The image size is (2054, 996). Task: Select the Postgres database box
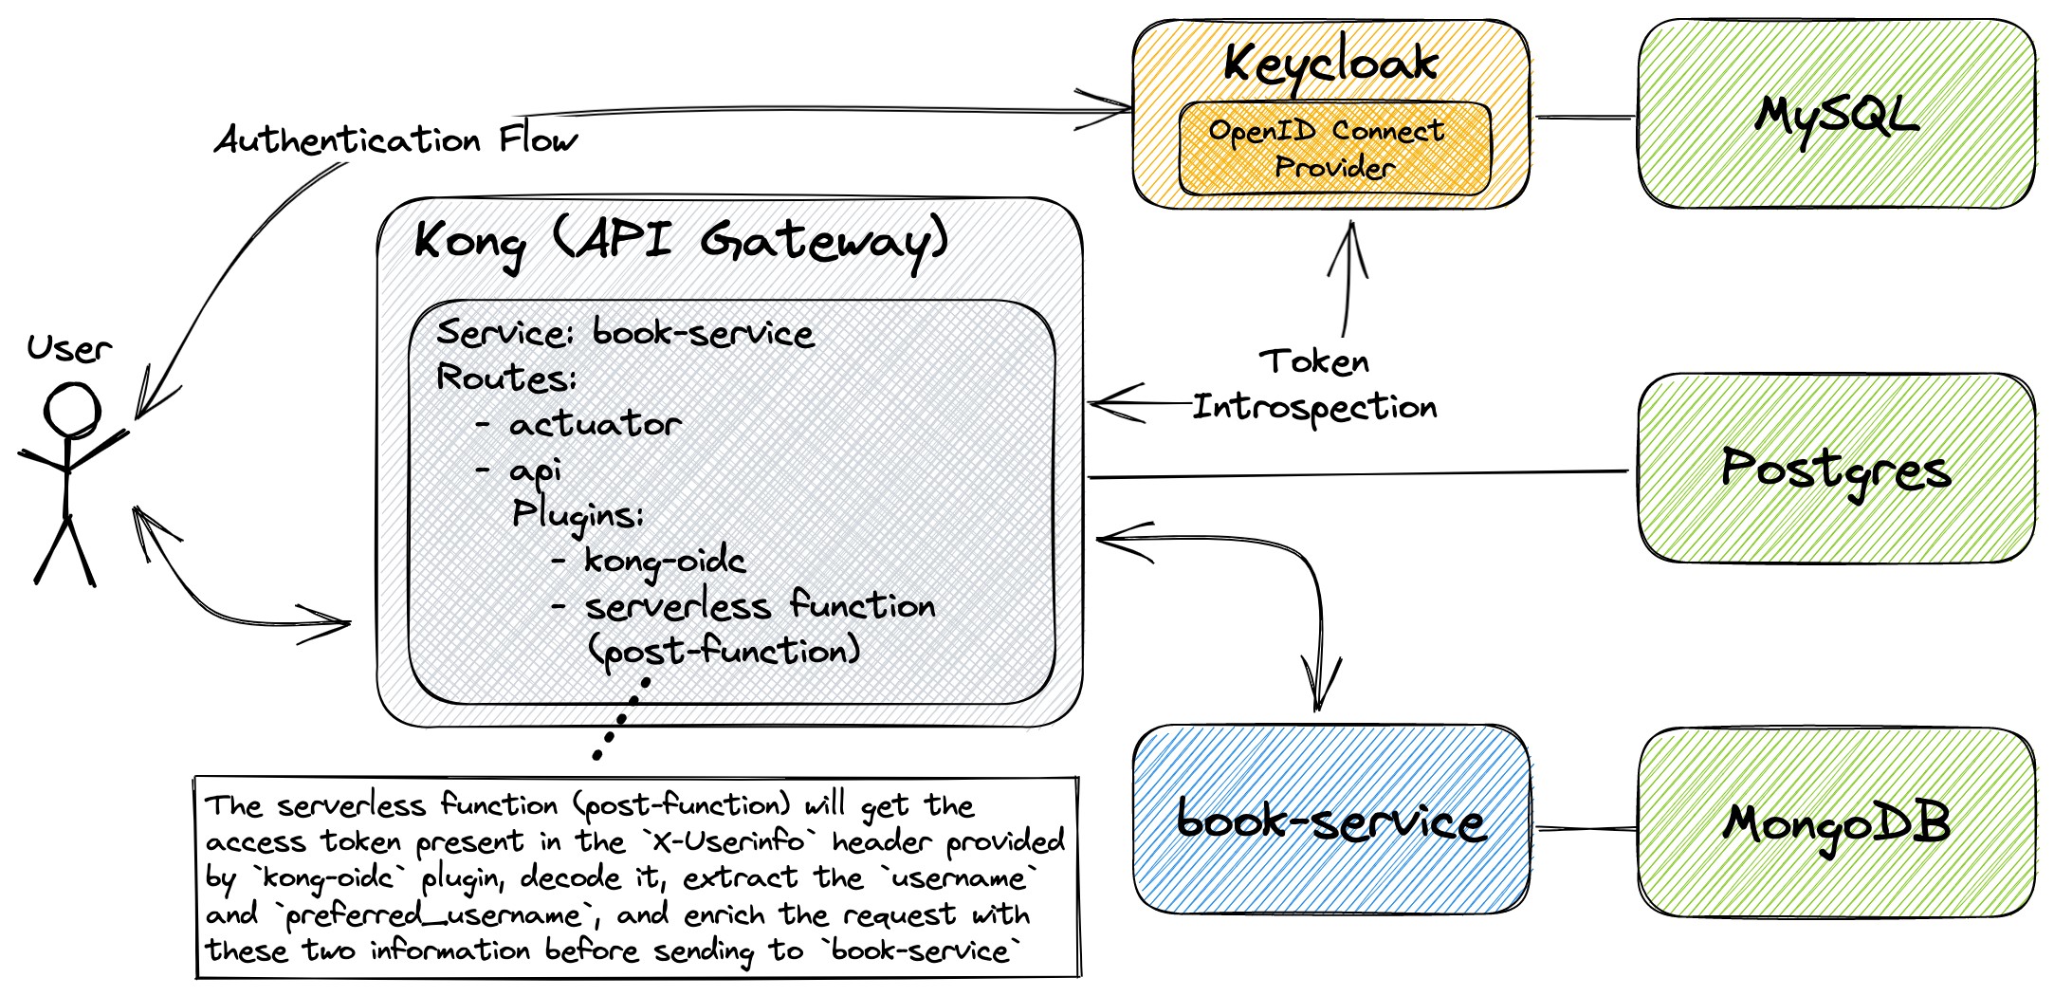(x=1836, y=469)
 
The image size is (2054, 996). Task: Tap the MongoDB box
(x=1836, y=823)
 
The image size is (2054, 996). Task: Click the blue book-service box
(x=1330, y=821)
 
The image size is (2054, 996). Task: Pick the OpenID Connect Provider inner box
(x=1333, y=150)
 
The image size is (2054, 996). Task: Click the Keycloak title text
(x=1330, y=63)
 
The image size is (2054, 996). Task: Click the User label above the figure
(x=68, y=349)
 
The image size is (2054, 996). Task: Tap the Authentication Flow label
(x=394, y=140)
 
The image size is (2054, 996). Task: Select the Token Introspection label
(x=1314, y=385)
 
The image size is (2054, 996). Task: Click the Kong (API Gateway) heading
(x=680, y=241)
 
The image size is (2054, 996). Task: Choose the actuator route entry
(x=595, y=424)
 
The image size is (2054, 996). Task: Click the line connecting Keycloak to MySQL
(x=1584, y=118)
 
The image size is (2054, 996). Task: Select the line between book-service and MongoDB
(x=1584, y=829)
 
